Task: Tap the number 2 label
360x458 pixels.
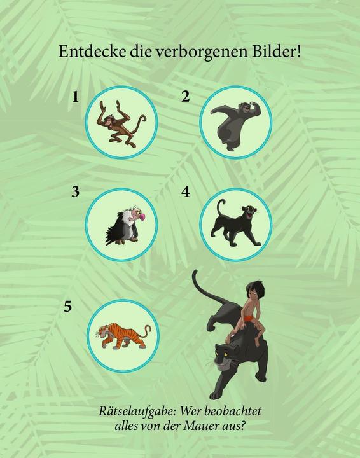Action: coord(185,97)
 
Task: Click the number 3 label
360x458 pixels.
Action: coord(76,191)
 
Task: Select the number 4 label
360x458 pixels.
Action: coord(185,191)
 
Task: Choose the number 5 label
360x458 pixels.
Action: coord(68,307)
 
